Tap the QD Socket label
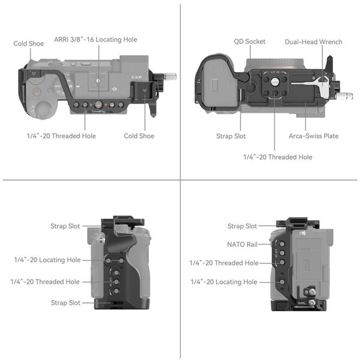[250, 42]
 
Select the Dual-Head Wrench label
[314, 42]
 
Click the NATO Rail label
[242, 245]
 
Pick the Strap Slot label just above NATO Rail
[242, 226]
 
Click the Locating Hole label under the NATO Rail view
[223, 282]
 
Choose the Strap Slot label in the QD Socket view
[231, 136]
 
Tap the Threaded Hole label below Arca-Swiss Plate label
[277, 157]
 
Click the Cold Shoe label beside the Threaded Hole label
[139, 136]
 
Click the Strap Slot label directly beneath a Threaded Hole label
[65, 303]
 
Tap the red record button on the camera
[37, 92]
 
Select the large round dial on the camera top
[44, 110]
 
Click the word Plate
[331, 136]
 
